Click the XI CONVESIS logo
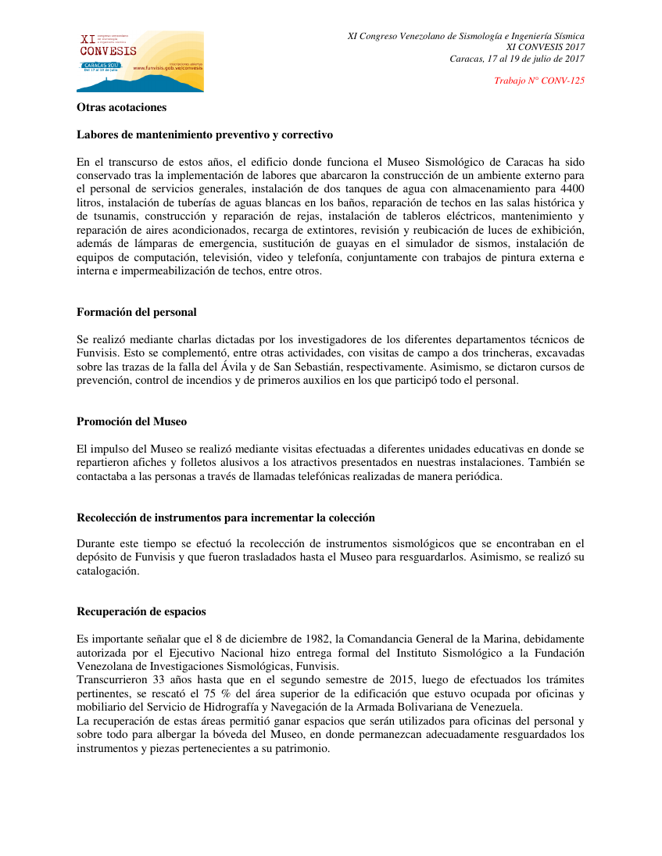click(x=140, y=61)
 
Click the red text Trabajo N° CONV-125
click(x=539, y=81)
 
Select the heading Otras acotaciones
click(x=121, y=107)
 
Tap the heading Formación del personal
click(x=136, y=312)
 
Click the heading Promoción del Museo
click(x=131, y=421)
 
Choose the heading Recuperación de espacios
click(x=141, y=611)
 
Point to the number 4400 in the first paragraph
click(x=571, y=190)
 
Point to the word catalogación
click(x=107, y=571)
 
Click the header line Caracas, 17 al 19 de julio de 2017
click(x=517, y=59)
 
